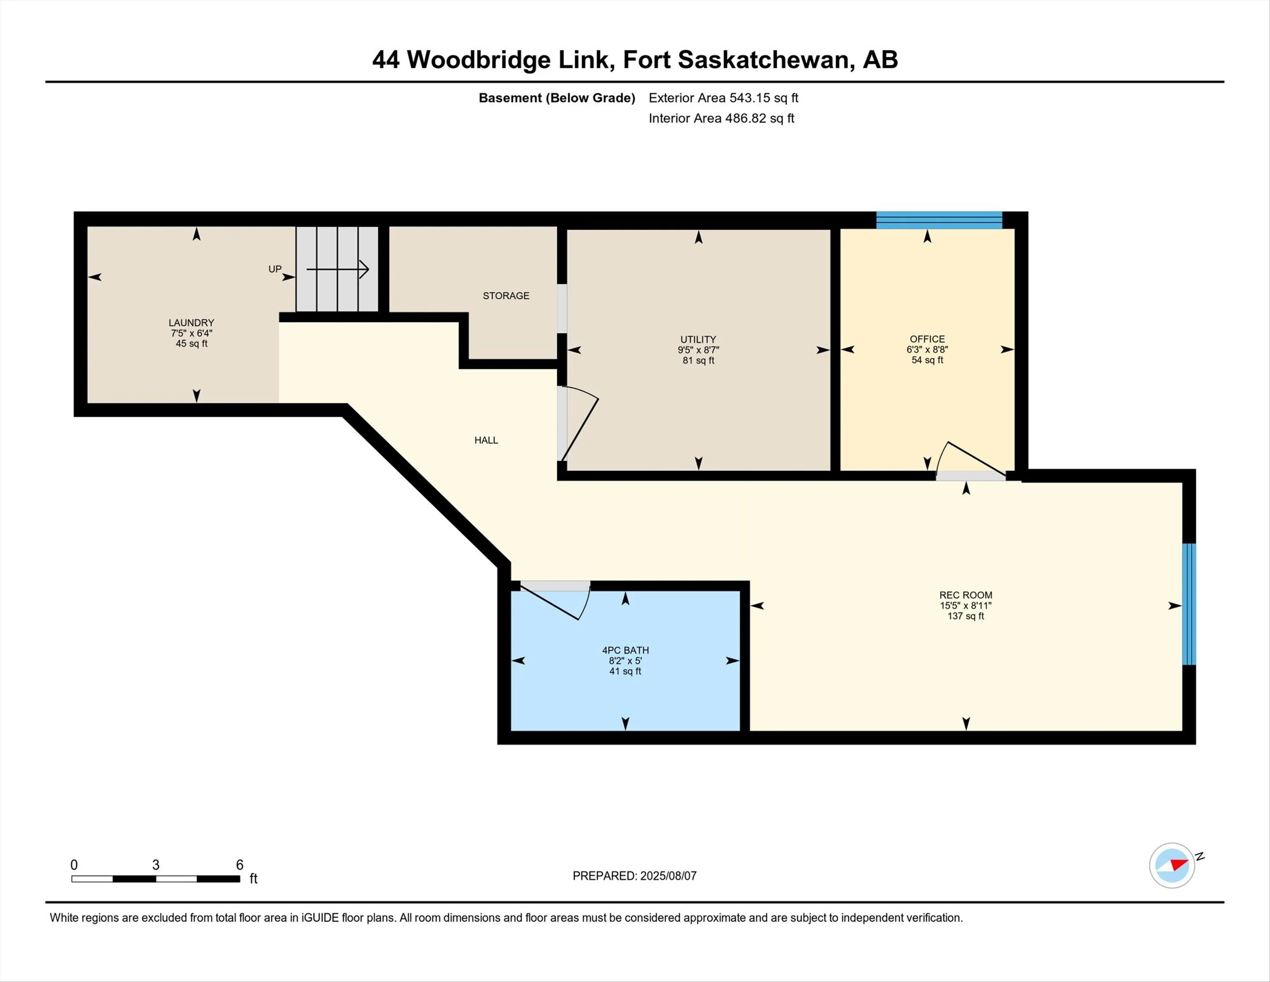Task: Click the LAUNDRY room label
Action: [191, 322]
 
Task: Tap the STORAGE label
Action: [506, 295]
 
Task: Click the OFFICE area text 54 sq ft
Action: [927, 360]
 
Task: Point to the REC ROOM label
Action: [965, 595]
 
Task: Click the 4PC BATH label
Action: [625, 650]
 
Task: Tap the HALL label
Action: [486, 440]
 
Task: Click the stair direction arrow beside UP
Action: [338, 269]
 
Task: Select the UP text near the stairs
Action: [274, 269]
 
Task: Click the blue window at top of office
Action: [939, 220]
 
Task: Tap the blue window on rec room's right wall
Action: [1189, 604]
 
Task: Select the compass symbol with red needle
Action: [1172, 865]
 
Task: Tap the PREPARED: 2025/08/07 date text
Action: [634, 875]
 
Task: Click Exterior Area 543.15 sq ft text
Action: [723, 98]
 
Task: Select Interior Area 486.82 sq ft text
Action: [721, 118]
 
